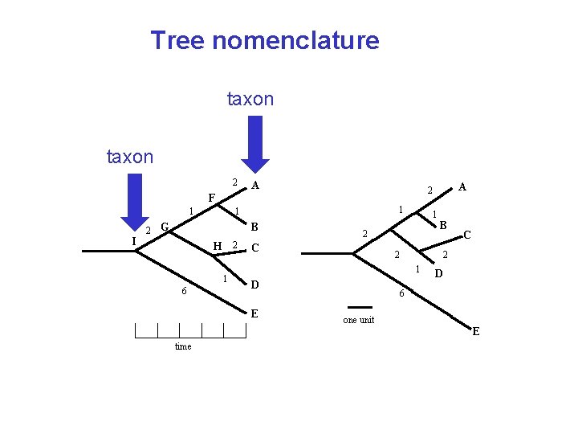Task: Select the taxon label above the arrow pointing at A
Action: coord(250,99)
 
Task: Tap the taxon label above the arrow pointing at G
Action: coord(130,157)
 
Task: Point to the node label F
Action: coord(211,198)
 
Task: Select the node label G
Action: coord(164,227)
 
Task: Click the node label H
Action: coord(217,246)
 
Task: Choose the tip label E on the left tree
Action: coord(254,313)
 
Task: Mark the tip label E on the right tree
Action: coord(476,331)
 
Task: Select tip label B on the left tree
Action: coord(254,227)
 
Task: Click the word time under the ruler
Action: coord(183,346)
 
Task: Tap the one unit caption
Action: coord(358,320)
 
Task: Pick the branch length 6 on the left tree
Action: coord(184,291)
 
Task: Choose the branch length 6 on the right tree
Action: coord(401,295)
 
